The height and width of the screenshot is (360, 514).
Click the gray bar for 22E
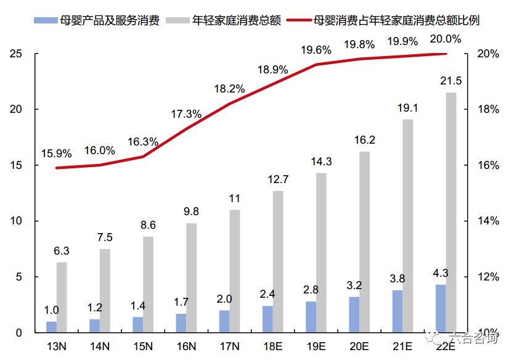pyautogui.click(x=451, y=213)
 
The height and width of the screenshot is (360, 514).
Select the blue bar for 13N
pyautogui.click(x=51, y=327)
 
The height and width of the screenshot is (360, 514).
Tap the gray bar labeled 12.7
pyautogui.click(x=278, y=262)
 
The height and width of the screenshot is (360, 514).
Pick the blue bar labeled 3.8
pyautogui.click(x=398, y=311)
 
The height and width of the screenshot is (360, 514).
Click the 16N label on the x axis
pyautogui.click(x=186, y=346)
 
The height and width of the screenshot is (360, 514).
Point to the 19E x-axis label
pyautogui.click(x=316, y=346)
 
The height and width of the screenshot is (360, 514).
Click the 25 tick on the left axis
pyautogui.click(x=16, y=54)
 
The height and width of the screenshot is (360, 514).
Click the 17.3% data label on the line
pyautogui.click(x=186, y=114)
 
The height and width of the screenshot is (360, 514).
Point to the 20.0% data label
pyautogui.click(x=446, y=39)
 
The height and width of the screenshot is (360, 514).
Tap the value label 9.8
pyautogui.click(x=191, y=211)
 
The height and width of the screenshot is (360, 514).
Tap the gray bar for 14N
pyautogui.click(x=105, y=291)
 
